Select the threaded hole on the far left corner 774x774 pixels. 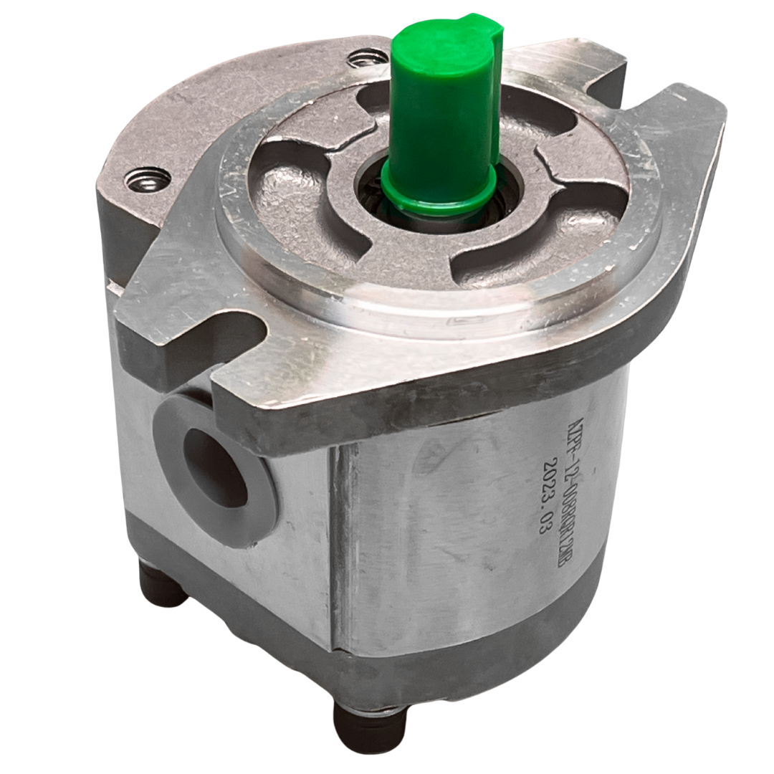pos(140,181)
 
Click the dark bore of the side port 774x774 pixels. pos(215,466)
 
